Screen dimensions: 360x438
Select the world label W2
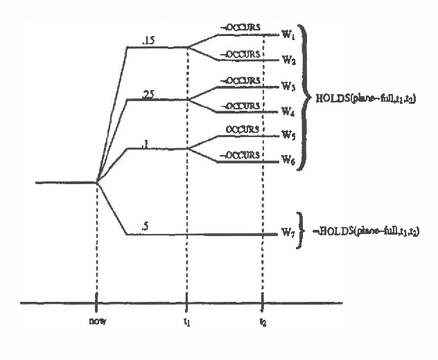click(288, 60)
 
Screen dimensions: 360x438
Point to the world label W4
click(288, 111)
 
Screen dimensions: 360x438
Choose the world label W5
click(288, 136)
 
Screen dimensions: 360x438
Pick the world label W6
click(288, 161)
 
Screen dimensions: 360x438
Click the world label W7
click(288, 234)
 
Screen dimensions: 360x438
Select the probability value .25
click(147, 94)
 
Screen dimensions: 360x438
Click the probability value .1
click(144, 143)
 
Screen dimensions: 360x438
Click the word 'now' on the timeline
click(96, 321)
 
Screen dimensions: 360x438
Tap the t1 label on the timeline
click(187, 321)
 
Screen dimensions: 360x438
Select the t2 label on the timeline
click(263, 321)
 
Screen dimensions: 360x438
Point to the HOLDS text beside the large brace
click(365, 99)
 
